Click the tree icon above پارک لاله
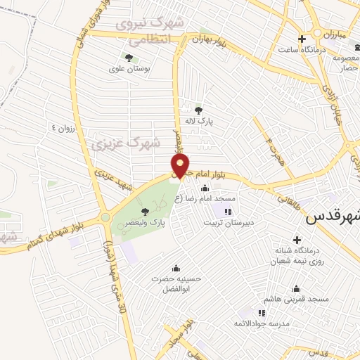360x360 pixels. coord(199,110)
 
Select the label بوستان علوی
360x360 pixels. coord(127,69)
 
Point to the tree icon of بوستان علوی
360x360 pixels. coord(128,57)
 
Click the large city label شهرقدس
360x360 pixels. coord(333,218)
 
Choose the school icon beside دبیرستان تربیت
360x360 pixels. coord(227,212)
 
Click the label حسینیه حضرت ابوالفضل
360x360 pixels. coord(176,283)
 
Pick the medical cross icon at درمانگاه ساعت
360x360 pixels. coord(302,39)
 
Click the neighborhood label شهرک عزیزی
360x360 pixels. coord(126,144)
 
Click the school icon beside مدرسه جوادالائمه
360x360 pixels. coord(262,312)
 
